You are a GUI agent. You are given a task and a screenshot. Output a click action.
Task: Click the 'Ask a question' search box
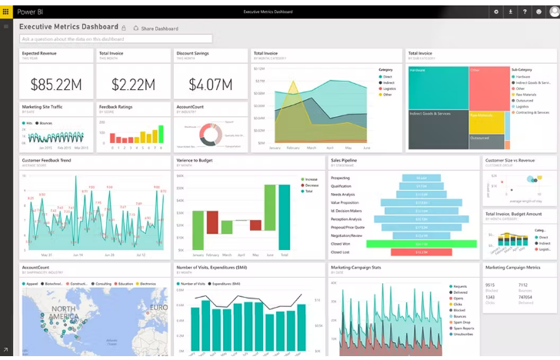(115, 38)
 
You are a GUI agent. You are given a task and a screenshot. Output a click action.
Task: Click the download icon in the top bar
(511, 12)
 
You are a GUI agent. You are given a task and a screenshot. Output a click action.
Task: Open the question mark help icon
(525, 12)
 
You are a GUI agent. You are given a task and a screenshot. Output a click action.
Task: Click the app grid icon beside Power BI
(6, 12)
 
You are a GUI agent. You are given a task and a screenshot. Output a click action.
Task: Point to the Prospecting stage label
(340, 178)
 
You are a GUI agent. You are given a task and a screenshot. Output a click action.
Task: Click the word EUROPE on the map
(158, 308)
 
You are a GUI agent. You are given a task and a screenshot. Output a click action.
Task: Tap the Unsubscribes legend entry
(463, 334)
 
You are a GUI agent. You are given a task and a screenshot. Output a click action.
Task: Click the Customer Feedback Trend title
(47, 160)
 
